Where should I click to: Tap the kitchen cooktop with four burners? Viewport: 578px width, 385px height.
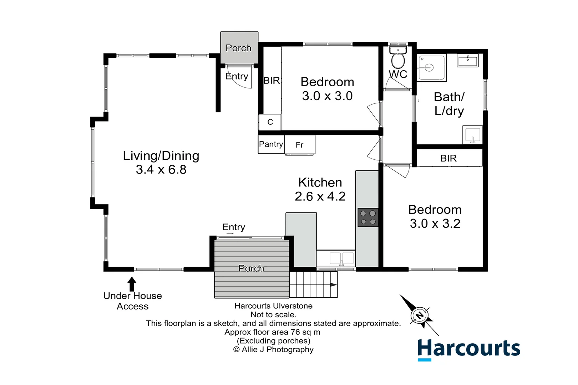click(x=368, y=217)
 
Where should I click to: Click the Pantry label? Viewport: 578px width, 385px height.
click(x=271, y=144)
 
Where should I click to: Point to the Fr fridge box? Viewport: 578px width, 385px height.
click(x=300, y=144)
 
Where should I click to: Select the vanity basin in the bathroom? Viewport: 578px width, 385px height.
click(x=467, y=61)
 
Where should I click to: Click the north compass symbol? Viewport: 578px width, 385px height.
click(x=420, y=315)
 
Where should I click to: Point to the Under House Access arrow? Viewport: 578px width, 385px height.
click(x=132, y=284)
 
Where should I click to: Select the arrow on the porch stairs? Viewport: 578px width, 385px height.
click(x=333, y=284)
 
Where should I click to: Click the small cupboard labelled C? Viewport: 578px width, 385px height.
click(x=270, y=122)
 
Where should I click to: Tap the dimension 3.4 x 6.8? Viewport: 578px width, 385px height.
click(x=161, y=170)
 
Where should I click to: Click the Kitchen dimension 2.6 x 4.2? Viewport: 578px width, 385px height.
click(x=320, y=196)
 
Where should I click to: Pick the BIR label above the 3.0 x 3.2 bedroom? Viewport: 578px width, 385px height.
click(x=448, y=158)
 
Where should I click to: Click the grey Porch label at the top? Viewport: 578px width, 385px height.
click(x=238, y=48)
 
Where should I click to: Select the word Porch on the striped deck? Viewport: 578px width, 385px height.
click(x=251, y=268)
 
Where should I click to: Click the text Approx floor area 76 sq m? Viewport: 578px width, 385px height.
click(x=272, y=332)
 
